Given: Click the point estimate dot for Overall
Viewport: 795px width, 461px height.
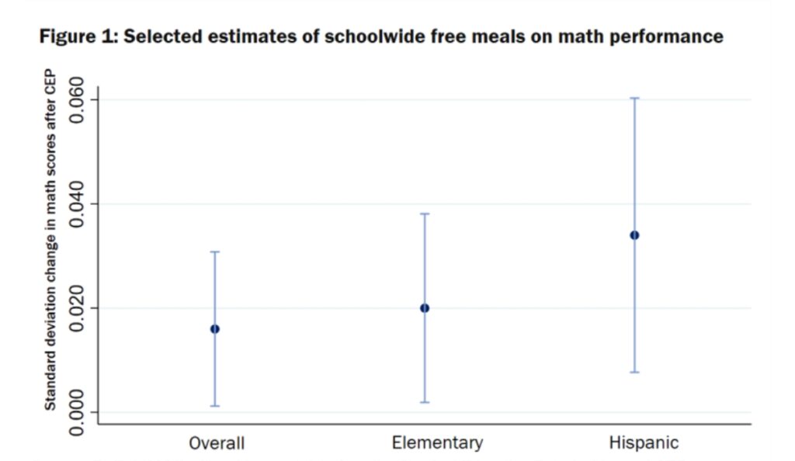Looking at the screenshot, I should (215, 329).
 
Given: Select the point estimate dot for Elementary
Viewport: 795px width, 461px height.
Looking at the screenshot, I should (425, 308).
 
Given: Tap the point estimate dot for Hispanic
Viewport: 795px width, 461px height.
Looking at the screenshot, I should (634, 235).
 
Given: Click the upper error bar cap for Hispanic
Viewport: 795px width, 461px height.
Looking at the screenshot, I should (634, 99).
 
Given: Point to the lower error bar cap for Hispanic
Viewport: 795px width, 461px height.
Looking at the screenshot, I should (634, 373).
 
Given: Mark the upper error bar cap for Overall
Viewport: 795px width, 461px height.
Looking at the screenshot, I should (215, 252).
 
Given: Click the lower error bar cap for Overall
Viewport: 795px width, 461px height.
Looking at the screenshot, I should (215, 406).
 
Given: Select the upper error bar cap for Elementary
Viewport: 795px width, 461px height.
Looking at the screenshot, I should (425, 213).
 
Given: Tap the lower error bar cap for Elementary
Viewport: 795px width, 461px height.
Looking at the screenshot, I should (425, 402).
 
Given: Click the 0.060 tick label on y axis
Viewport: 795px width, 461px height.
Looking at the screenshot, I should (78, 99).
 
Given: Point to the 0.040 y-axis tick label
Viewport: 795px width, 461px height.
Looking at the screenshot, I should (78, 204).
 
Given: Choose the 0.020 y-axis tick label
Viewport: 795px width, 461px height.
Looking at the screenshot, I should (78, 308).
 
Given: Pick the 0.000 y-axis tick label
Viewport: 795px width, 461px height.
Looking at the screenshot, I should (78, 412).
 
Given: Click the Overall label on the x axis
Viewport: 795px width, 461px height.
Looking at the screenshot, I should (217, 444).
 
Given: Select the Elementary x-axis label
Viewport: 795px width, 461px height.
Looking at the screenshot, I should (437, 443).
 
